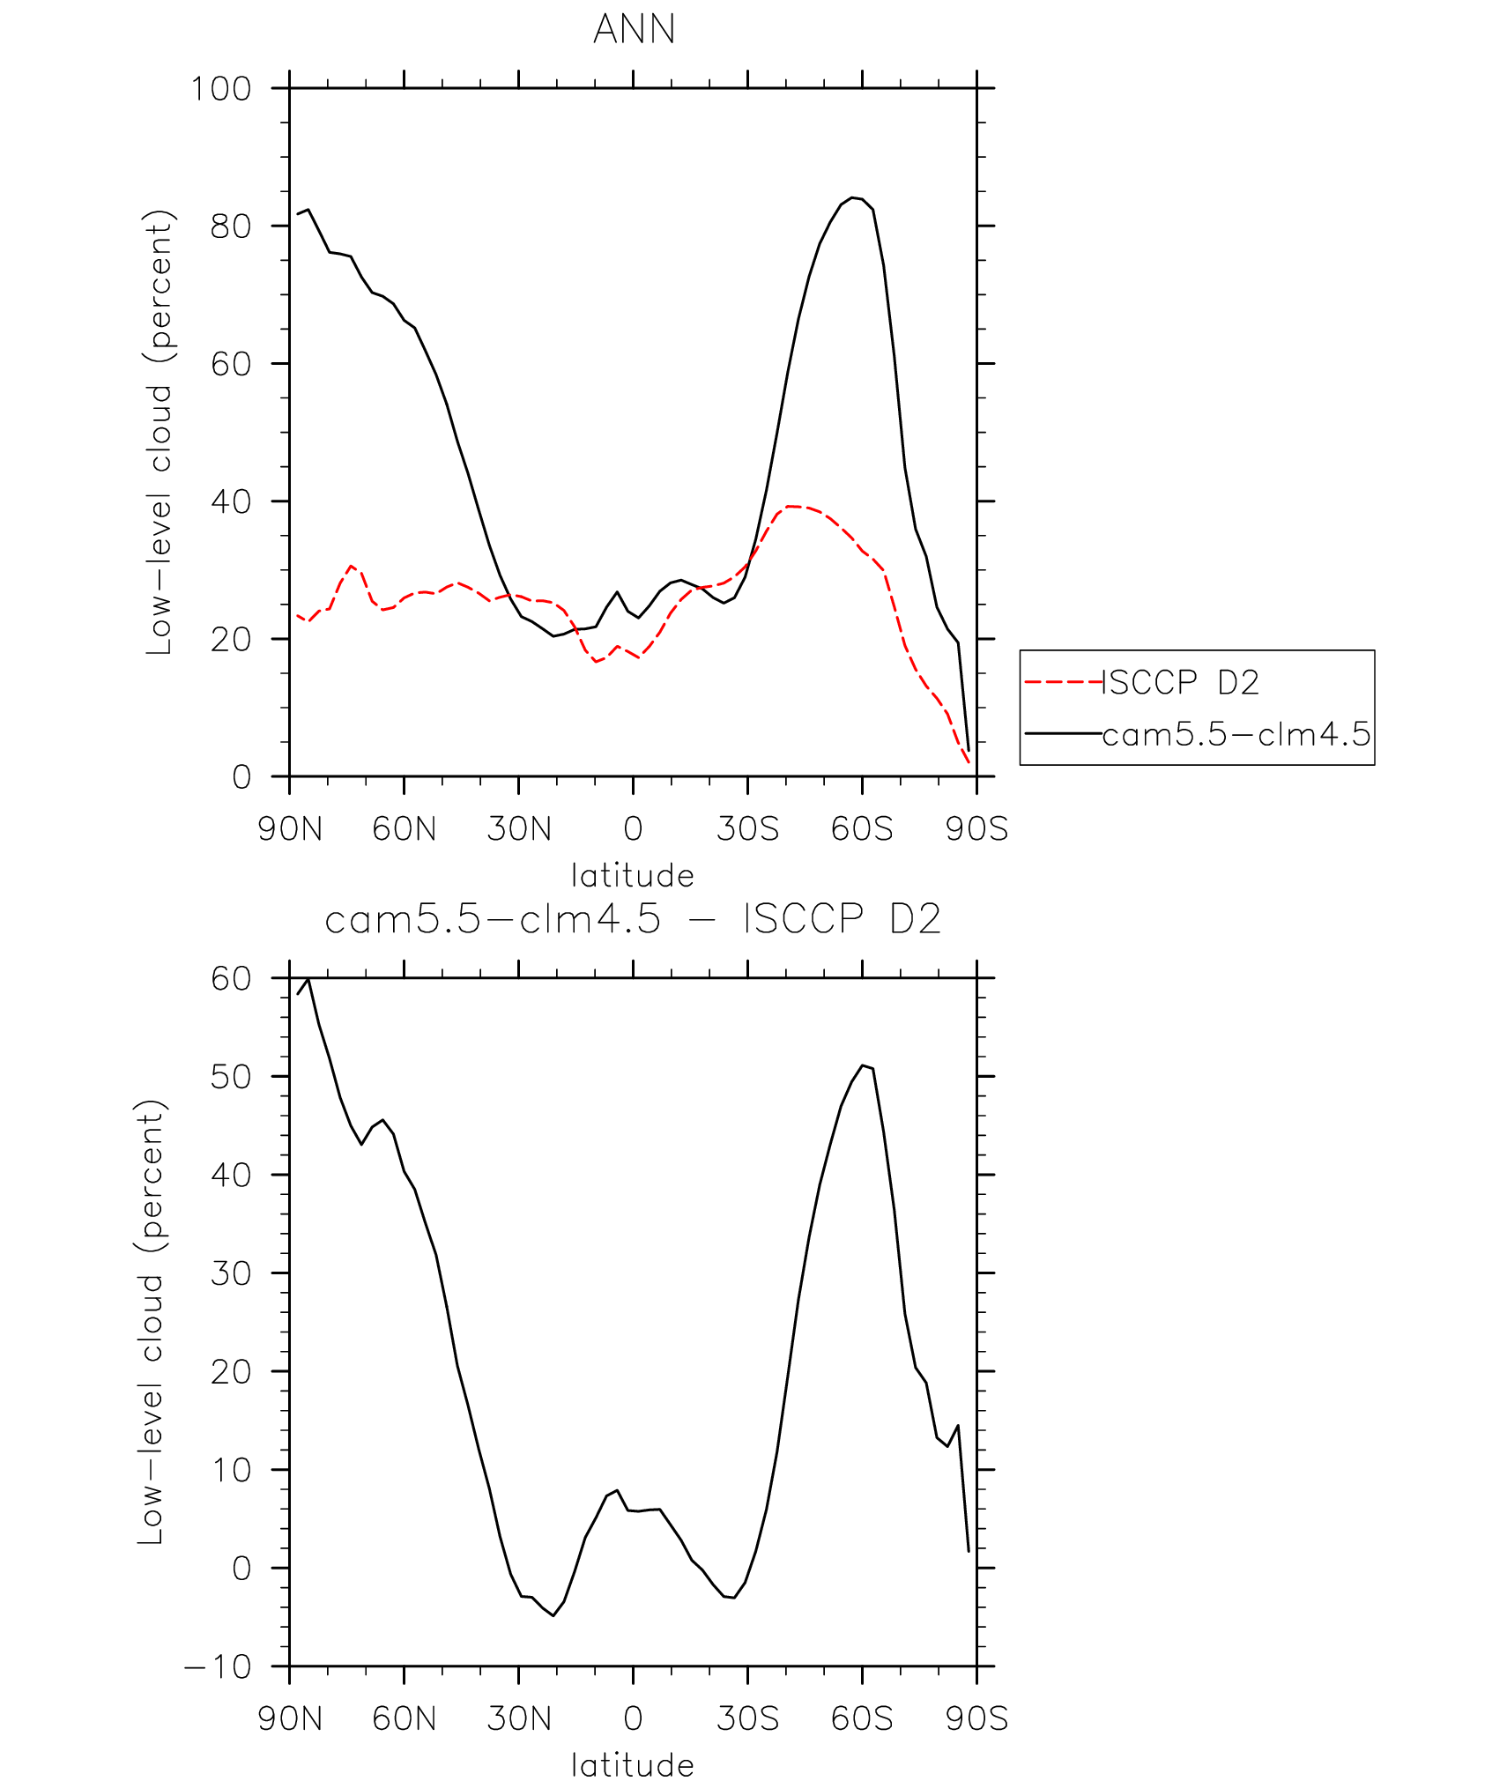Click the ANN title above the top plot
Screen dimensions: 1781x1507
click(634, 29)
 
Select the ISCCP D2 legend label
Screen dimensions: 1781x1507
click(1180, 682)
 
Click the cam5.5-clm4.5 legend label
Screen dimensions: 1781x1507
click(1236, 734)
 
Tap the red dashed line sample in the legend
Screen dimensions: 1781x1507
click(1063, 682)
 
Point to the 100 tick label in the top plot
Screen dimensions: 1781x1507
click(221, 89)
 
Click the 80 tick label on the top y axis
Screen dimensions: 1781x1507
click(231, 226)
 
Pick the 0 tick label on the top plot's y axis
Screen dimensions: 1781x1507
click(241, 777)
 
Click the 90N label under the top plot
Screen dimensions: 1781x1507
click(290, 829)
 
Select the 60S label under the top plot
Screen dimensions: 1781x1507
click(862, 829)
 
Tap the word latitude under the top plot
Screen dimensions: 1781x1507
click(633, 876)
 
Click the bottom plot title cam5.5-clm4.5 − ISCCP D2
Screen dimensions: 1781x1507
click(633, 920)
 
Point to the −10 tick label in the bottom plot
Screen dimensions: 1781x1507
click(218, 1667)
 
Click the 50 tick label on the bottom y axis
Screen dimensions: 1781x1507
click(231, 1077)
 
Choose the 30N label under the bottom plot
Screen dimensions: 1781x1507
click(519, 1719)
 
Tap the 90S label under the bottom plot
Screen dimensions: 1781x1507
click(976, 1719)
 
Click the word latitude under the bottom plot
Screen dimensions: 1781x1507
click(633, 1765)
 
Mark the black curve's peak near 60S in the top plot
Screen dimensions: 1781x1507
click(852, 197)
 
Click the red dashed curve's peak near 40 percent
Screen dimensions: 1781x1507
click(791, 506)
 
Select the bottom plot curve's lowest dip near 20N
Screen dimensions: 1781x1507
click(553, 1615)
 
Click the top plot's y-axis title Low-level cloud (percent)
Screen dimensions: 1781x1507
click(160, 432)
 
